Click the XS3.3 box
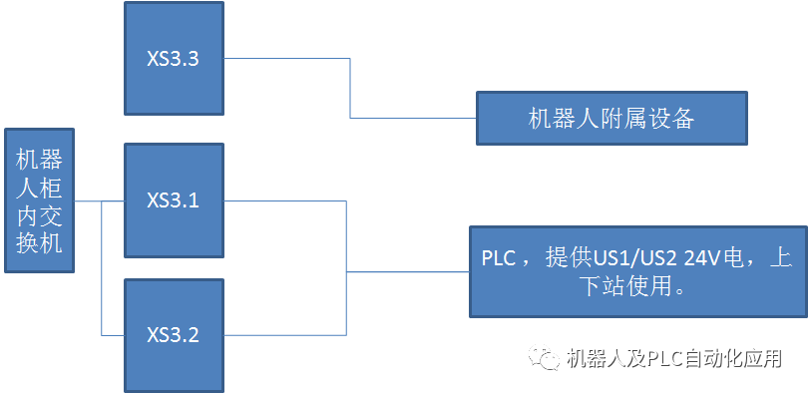coord(174,58)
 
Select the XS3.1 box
coord(174,200)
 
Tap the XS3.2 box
coord(174,334)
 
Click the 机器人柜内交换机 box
coord(38,199)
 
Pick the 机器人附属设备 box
coord(610,119)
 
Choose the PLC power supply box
coord(637,272)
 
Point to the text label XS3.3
coord(174,59)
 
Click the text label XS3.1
coord(174,200)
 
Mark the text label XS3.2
coord(174,334)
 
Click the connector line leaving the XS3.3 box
coord(289,58)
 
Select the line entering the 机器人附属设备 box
coord(414,118)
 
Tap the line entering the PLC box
coord(409,271)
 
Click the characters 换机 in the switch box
coord(38,241)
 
